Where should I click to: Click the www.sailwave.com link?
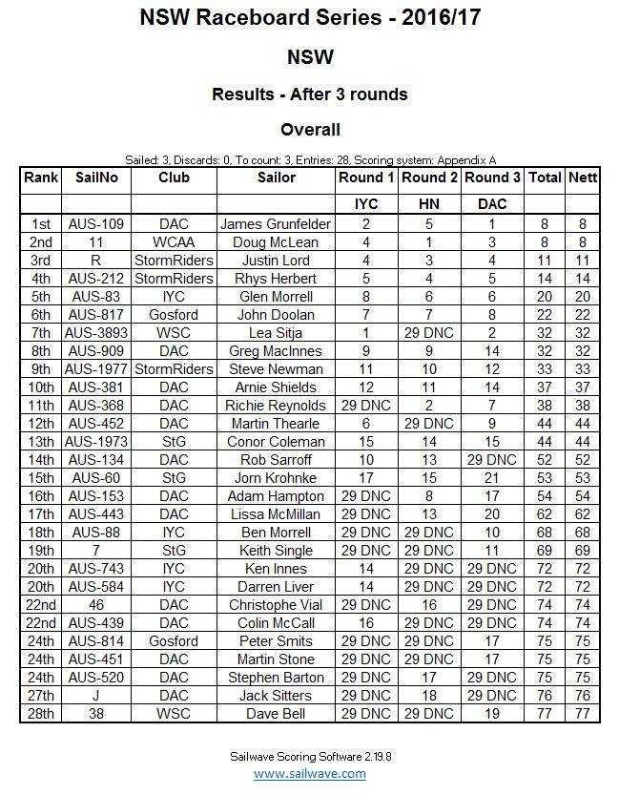coord(309,774)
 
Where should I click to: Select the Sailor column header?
coord(277,178)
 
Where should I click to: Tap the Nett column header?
coord(582,178)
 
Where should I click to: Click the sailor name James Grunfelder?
coord(276,224)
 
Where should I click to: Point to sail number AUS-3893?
coord(96,333)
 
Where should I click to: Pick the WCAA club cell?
coord(174,242)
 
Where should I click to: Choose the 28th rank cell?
coord(41,714)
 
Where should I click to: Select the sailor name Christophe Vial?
coord(276,605)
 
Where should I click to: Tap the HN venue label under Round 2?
coord(428,204)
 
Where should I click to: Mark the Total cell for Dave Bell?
coord(545,714)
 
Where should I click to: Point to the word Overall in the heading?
coord(310,130)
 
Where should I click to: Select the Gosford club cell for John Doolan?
coord(174,315)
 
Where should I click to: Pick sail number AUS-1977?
coord(96,369)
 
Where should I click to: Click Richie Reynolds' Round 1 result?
coord(365,406)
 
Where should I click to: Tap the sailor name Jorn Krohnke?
coord(276,478)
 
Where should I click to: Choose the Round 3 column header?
coord(492,178)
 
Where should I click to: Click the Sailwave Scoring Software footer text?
coord(309,755)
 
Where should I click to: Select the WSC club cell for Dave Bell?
coord(174,714)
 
